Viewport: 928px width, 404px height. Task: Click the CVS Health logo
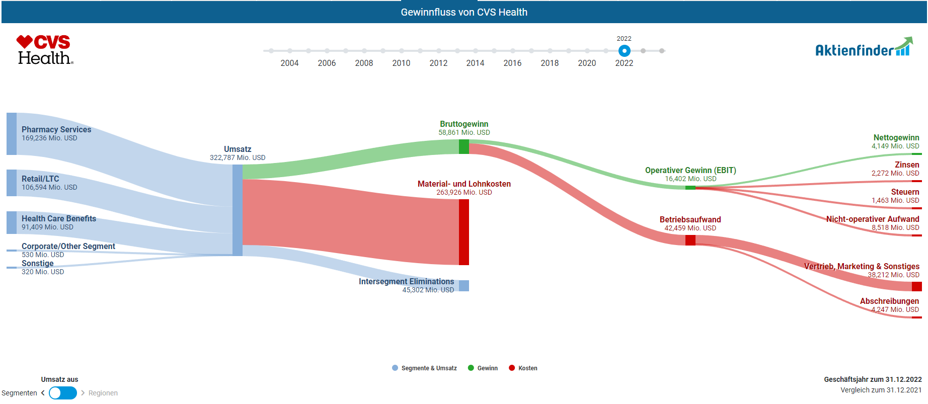[x=45, y=49]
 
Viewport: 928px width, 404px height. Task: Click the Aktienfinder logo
[x=864, y=47]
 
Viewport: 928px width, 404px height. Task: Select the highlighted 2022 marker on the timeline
[x=624, y=51]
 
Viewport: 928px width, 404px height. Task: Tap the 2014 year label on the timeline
[x=475, y=63]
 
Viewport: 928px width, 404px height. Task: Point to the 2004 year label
[x=289, y=63]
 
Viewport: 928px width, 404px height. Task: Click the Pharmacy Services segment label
[x=56, y=129]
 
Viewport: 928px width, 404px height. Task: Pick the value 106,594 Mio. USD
[x=49, y=187]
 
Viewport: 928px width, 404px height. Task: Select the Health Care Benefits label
[x=59, y=218]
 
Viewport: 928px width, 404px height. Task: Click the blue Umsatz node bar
[x=238, y=210]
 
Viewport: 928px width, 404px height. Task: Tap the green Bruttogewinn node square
[x=464, y=147]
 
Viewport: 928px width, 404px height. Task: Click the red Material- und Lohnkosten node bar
[x=464, y=232]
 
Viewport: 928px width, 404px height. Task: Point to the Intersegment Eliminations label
[x=406, y=281]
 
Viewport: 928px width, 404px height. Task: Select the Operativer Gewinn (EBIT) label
[x=690, y=170]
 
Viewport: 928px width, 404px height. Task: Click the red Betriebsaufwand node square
[x=690, y=240]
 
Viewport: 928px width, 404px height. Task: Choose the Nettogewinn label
[x=896, y=137]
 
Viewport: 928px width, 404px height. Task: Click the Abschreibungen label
[x=889, y=301]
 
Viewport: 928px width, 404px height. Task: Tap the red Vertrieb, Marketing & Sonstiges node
[x=916, y=286]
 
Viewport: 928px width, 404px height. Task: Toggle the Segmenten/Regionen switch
[x=63, y=393]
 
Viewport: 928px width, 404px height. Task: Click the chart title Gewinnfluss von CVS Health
[x=464, y=12]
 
